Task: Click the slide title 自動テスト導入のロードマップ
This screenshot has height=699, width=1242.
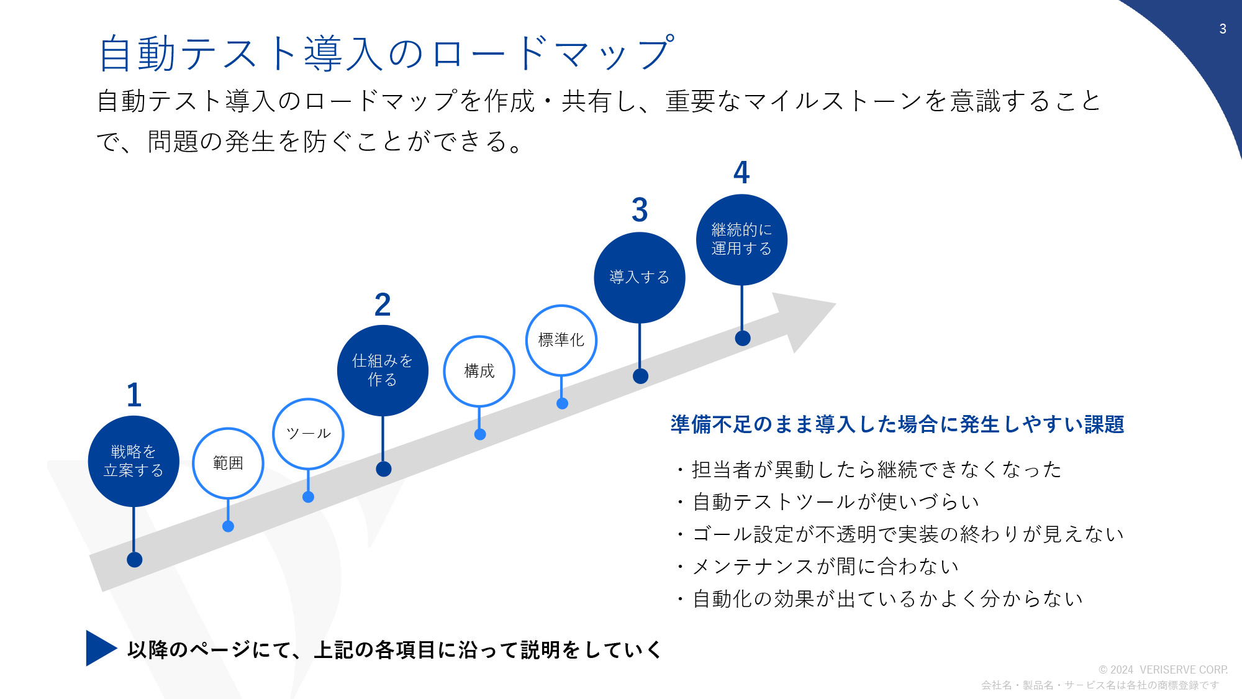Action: coord(386,53)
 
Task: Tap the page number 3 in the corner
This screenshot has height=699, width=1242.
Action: coord(1223,29)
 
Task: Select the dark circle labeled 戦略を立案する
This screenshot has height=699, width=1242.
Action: coord(134,461)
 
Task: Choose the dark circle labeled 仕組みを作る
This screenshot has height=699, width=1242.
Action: coord(383,370)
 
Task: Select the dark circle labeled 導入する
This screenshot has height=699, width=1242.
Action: coord(640,278)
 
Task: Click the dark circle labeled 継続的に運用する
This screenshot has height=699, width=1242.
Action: coord(741,240)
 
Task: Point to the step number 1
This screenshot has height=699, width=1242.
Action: coord(134,395)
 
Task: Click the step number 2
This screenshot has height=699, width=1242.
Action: coord(383,304)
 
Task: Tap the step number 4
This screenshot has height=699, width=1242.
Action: coord(741,172)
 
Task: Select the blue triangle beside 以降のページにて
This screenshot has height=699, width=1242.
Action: coord(100,648)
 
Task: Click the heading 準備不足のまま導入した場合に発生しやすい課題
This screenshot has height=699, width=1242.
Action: coord(897,424)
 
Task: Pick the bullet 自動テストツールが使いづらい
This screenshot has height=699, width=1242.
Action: coord(836,501)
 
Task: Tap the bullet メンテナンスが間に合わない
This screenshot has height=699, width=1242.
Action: coord(825,566)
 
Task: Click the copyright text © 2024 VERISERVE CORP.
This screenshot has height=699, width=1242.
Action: coord(1163,670)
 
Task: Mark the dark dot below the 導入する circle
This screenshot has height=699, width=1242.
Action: coord(640,376)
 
